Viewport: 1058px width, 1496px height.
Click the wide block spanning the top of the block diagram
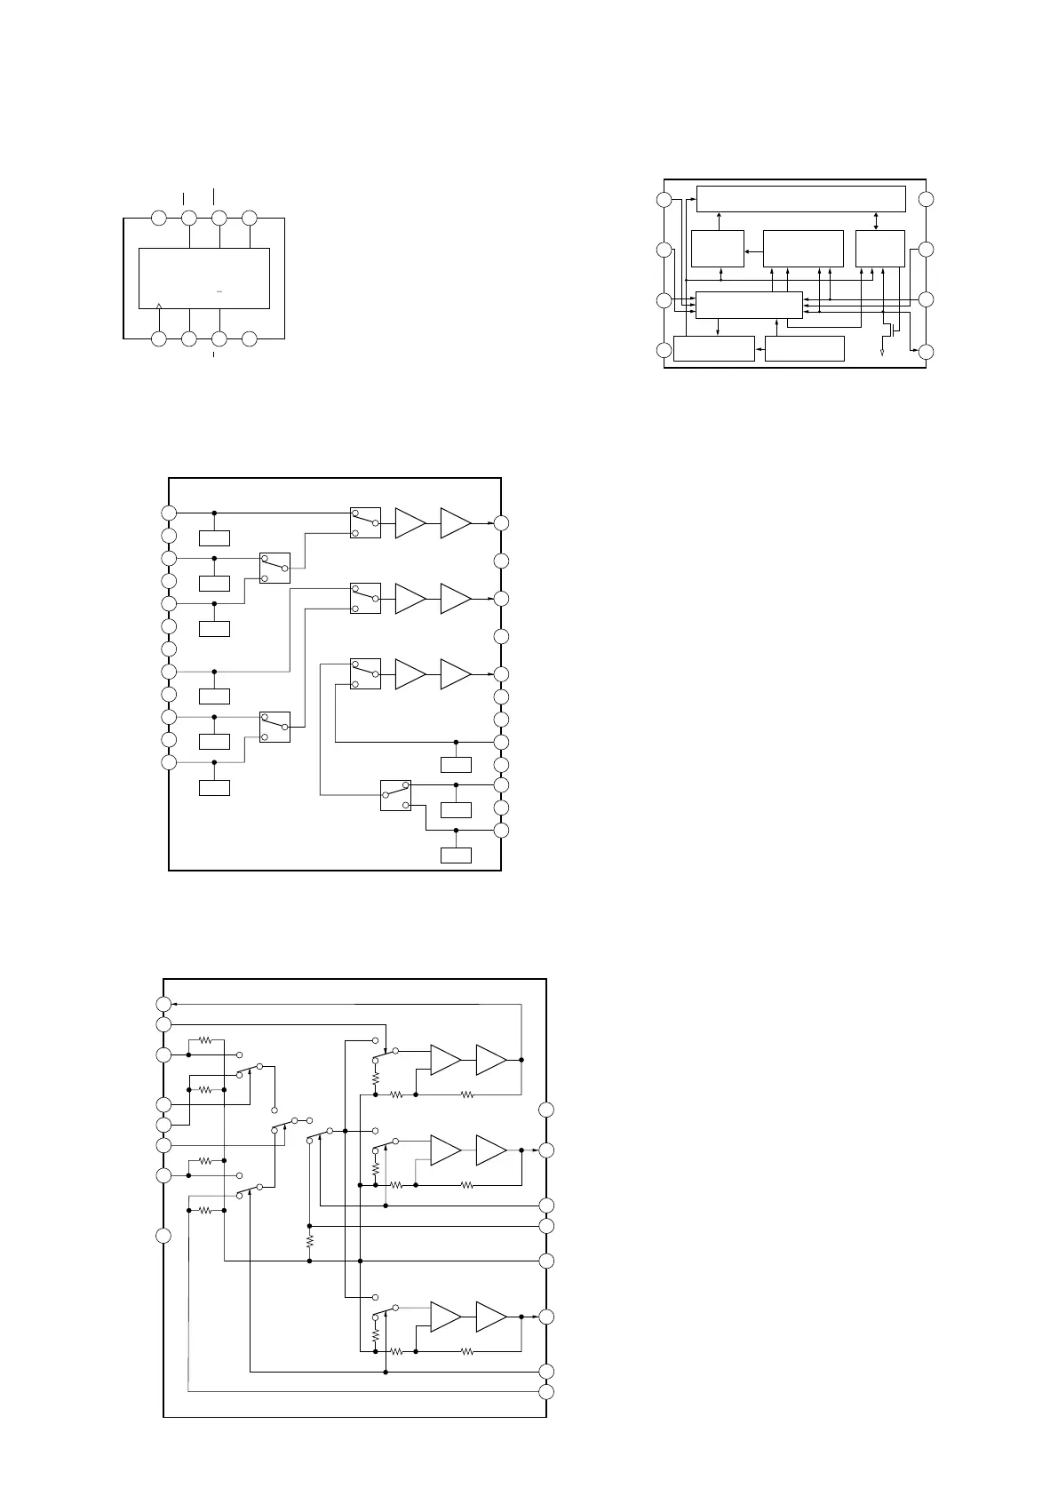[x=800, y=199]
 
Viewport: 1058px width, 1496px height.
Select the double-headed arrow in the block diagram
[x=878, y=221]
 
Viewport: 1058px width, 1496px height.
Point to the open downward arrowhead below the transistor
[x=882, y=354]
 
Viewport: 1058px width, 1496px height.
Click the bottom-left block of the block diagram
[x=713, y=349]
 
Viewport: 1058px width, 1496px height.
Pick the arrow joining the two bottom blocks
[x=760, y=349]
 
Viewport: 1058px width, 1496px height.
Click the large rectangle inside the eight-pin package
[x=204, y=278]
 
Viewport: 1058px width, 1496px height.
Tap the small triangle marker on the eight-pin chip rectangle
[x=158, y=306]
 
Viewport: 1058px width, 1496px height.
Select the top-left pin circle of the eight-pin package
[x=158, y=218]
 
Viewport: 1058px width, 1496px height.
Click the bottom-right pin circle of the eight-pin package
[x=250, y=338]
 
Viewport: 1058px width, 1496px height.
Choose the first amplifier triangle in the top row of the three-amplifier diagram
[x=410, y=523]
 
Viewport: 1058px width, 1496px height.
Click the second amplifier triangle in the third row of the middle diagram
[x=455, y=674]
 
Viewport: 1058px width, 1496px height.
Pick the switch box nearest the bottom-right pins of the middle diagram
[x=395, y=795]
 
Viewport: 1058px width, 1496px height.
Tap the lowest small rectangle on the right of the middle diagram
[x=456, y=855]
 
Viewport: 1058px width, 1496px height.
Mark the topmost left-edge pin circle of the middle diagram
[x=169, y=513]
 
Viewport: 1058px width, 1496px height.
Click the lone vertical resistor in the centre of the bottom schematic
[x=309, y=1238]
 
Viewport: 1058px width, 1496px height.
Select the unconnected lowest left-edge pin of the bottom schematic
[x=163, y=1235]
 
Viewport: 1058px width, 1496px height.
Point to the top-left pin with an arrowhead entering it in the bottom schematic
[x=163, y=1004]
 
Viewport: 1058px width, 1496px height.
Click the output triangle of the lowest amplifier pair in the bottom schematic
[x=490, y=1317]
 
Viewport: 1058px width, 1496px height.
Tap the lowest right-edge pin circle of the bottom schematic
[x=546, y=1391]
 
